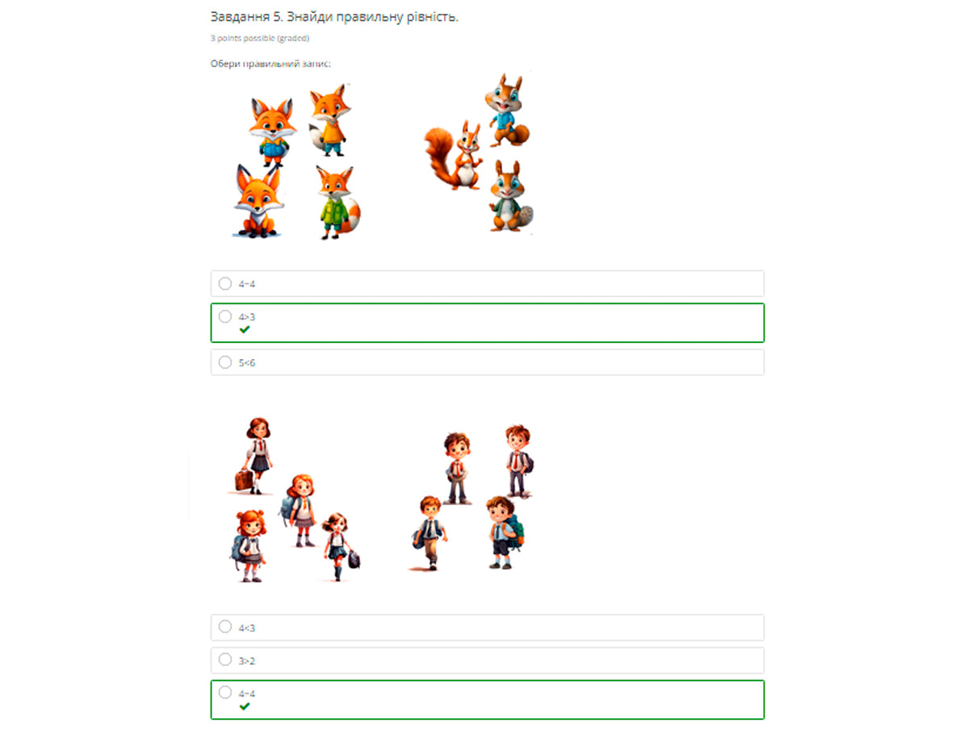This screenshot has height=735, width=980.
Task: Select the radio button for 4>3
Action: coord(224,316)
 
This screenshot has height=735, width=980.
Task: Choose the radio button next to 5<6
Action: coord(224,362)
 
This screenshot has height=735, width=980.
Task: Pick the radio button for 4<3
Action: coord(224,627)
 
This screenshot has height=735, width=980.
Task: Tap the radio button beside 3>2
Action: coord(224,660)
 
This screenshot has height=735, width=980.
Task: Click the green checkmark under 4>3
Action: coord(245,329)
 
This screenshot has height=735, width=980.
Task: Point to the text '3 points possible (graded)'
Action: coord(260,38)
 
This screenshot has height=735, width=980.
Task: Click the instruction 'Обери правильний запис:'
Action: coord(270,64)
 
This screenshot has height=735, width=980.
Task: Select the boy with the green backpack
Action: coord(503,532)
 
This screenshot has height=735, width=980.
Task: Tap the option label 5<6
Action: coord(247,363)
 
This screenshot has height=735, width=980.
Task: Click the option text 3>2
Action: coord(247,661)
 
